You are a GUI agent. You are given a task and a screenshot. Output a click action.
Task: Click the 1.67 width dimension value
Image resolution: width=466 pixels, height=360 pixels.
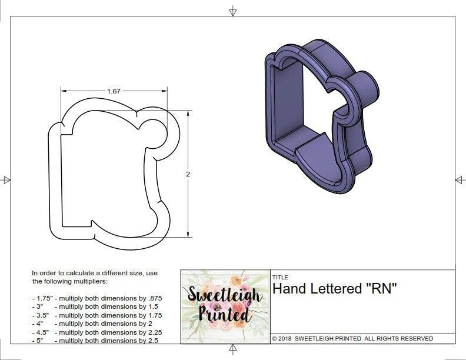tap(114, 91)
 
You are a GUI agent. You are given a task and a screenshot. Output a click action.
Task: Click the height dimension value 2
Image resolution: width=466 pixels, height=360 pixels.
tap(188, 174)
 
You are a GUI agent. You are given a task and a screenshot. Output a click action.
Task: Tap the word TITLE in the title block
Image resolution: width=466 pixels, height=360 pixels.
tap(280, 277)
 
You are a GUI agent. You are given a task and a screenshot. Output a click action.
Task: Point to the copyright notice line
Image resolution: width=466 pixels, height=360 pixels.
tap(352, 338)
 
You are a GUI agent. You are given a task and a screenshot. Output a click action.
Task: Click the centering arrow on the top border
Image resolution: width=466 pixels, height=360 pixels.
tap(233, 10)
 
